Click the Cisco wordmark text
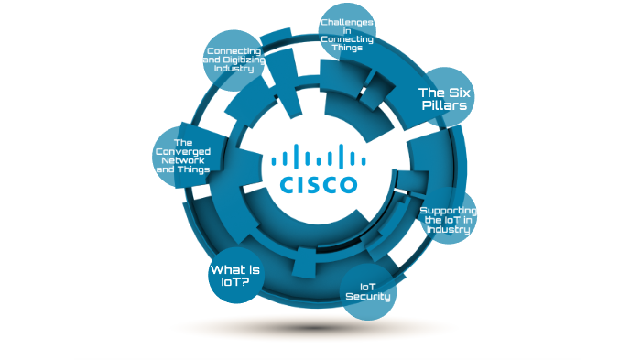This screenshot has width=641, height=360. pos(319,185)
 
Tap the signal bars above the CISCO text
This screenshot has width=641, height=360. pos(319,157)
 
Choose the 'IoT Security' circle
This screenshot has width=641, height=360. pos(375,291)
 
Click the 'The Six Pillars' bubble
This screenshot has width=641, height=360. pos(443,99)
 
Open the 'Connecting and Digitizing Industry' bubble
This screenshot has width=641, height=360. pos(234,60)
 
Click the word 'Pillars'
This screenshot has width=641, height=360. pos(444,106)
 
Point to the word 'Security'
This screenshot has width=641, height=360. pos(375,297)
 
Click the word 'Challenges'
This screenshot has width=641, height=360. pos(348,19)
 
